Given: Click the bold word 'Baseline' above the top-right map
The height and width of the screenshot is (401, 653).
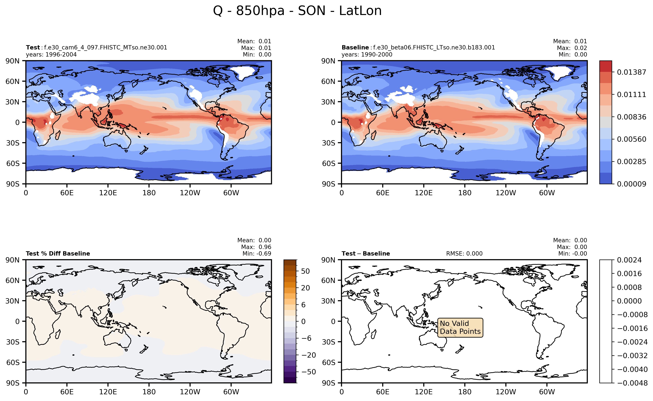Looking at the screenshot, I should pyautogui.click(x=355, y=47).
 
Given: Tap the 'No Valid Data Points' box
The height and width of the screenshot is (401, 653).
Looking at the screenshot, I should pyautogui.click(x=460, y=328).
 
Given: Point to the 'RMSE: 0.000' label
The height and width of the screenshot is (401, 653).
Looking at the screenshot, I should pyautogui.click(x=464, y=253).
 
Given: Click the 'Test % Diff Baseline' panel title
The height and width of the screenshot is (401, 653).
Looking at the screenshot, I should pyautogui.click(x=58, y=253).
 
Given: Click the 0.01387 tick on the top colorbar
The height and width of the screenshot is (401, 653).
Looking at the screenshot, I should pyautogui.click(x=631, y=72).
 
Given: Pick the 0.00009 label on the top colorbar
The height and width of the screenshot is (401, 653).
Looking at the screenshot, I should pyautogui.click(x=631, y=184).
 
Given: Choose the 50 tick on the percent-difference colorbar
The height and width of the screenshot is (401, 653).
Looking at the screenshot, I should pyautogui.click(x=305, y=271).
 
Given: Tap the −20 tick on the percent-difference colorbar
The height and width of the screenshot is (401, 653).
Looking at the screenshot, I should pyautogui.click(x=308, y=355).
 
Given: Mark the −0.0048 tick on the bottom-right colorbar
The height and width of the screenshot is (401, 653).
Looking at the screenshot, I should pyautogui.click(x=632, y=383).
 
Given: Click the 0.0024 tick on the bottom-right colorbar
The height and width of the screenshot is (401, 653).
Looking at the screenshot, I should pyautogui.click(x=629, y=260).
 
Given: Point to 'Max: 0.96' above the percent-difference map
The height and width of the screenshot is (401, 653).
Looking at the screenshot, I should pyautogui.click(x=256, y=247).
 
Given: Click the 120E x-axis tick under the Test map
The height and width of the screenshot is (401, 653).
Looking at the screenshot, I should pyautogui.click(x=108, y=193).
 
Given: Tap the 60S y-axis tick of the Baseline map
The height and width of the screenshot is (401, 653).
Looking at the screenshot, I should pyautogui.click(x=329, y=163).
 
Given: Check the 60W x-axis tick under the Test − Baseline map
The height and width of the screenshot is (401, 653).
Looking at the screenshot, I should pyautogui.click(x=547, y=392).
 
